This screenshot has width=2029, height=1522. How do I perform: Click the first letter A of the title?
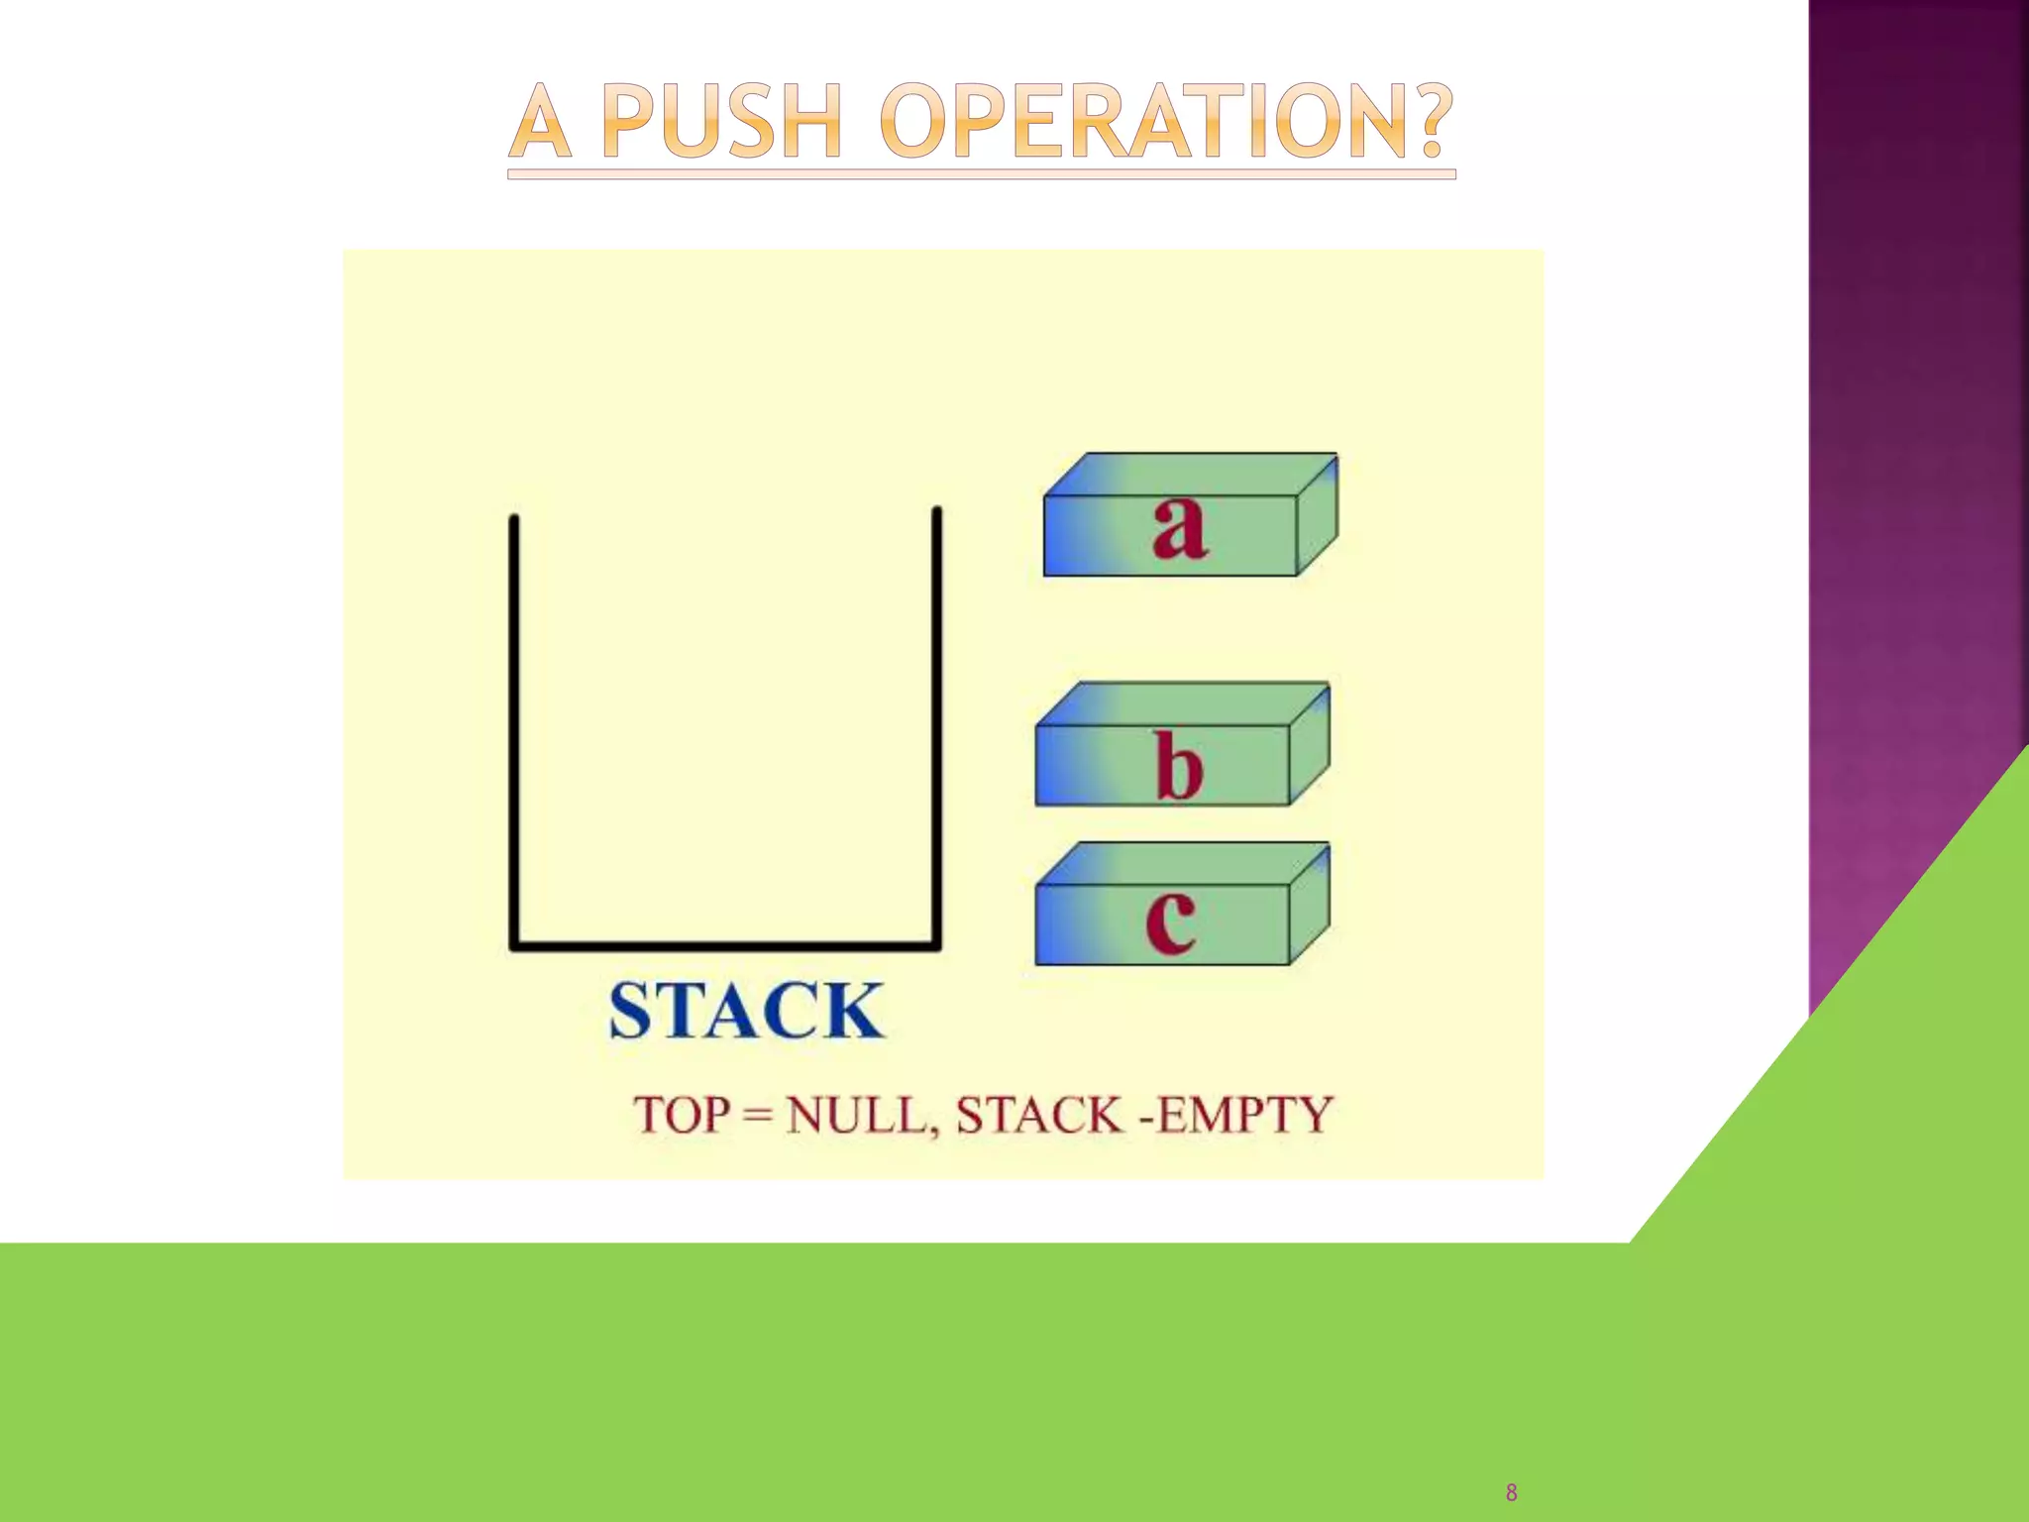click(x=541, y=123)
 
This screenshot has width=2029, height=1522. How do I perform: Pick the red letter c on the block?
click(x=1170, y=921)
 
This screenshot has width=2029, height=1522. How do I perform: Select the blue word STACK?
click(x=745, y=1011)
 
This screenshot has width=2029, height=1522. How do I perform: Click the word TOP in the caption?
click(x=682, y=1115)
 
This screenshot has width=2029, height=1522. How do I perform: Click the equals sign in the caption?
click(x=758, y=1116)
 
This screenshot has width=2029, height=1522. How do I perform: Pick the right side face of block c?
click(x=1310, y=904)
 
